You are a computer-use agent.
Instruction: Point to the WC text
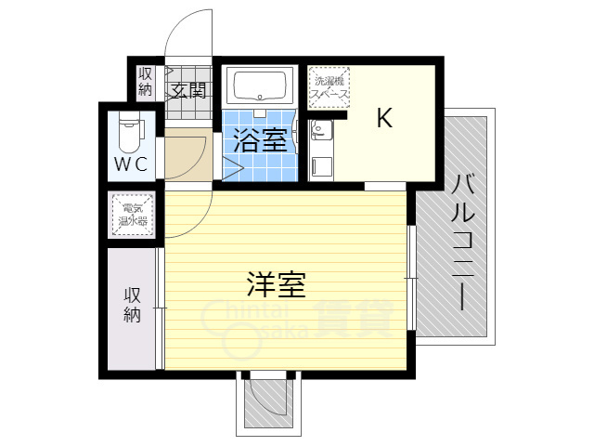[130, 165]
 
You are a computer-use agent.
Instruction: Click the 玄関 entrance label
[188, 90]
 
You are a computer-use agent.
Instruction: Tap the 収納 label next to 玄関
[146, 82]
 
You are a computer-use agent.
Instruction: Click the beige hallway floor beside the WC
[186, 156]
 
